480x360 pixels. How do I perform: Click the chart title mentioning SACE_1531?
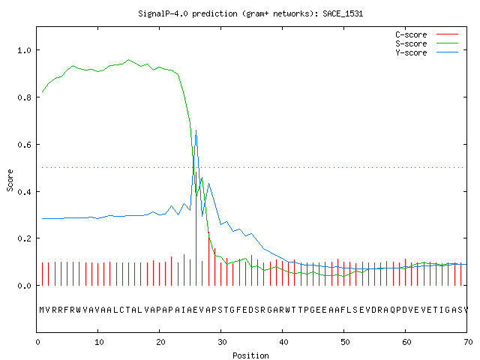pyautogui.click(x=250, y=13)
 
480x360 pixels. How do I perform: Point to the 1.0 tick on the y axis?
pyautogui.click(x=24, y=50)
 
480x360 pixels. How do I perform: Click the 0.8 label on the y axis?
pyautogui.click(x=24, y=97)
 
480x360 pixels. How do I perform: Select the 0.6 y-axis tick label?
pyautogui.click(x=24, y=145)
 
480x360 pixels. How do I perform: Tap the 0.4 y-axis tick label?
pyautogui.click(x=24, y=192)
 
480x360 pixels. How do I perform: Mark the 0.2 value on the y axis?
pyautogui.click(x=24, y=238)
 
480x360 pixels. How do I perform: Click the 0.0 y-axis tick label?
pyautogui.click(x=24, y=286)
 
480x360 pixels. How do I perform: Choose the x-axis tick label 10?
pyautogui.click(x=99, y=342)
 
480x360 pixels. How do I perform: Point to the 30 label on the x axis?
pyautogui.click(x=222, y=342)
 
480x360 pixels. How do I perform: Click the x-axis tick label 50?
pyautogui.click(x=345, y=342)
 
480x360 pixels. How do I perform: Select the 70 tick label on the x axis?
pyautogui.click(x=468, y=342)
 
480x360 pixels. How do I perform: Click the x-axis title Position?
pyautogui.click(x=250, y=355)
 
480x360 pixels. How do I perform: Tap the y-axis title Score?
pyautogui.click(x=10, y=180)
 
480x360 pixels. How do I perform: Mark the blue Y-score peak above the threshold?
pyautogui.click(x=196, y=130)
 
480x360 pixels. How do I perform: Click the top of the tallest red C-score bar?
pyautogui.click(x=196, y=172)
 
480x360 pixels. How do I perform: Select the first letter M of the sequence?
pyautogui.click(x=42, y=310)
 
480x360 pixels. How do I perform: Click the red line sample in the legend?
pyautogui.click(x=447, y=34)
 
